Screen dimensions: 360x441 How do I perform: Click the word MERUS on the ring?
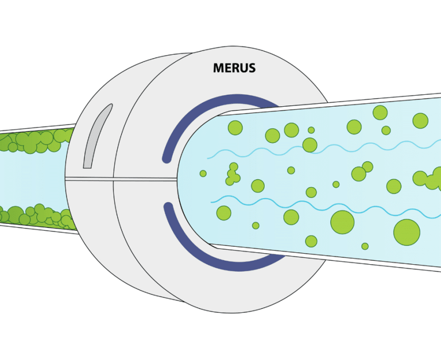tap(234, 68)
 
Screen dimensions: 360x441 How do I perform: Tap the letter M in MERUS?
tap(219, 68)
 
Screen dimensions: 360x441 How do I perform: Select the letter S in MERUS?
tap(251, 68)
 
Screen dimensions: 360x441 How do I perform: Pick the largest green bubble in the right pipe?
tap(407, 231)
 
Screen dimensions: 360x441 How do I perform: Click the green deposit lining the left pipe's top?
tap(34, 140)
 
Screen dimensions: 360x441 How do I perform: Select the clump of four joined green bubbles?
tap(233, 175)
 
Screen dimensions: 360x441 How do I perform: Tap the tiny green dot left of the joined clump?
tap(203, 173)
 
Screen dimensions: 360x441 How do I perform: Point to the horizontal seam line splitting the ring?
tap(126, 179)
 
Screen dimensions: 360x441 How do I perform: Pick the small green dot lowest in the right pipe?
tap(365, 246)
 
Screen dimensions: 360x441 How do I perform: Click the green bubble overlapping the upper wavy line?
tap(310, 145)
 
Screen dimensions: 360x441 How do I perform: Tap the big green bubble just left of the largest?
tap(342, 222)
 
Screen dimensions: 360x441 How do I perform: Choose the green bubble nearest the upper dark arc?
tap(234, 127)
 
